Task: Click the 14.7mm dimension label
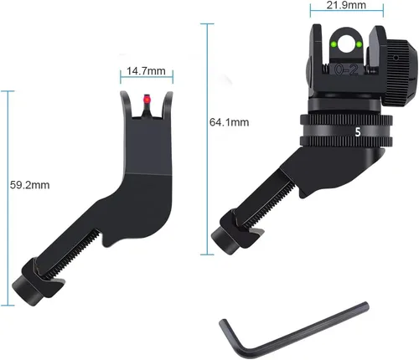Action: coord(146,71)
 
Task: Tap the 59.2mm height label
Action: coord(30,185)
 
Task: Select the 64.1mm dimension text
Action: coord(229,122)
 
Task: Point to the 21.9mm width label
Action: coord(346,5)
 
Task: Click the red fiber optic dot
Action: coord(147,99)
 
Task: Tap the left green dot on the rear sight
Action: coord(334,44)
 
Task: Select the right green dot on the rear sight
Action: coord(360,44)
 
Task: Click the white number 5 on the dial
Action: coord(358,132)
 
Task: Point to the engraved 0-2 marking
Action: coord(346,69)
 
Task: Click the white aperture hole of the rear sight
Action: coord(346,44)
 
